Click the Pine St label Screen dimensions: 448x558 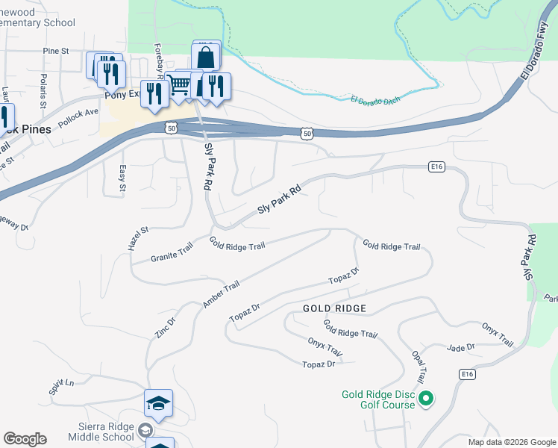coord(56,51)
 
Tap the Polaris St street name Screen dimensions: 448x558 coord(44,87)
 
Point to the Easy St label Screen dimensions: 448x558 coord(122,178)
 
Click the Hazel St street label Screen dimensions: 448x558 coord(139,238)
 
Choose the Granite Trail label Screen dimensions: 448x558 coord(172,252)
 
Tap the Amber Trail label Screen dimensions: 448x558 coord(221,294)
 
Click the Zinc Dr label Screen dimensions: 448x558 coord(166,328)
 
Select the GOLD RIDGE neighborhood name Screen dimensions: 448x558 coord(334,308)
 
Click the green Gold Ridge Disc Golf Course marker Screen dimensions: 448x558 coord(426,400)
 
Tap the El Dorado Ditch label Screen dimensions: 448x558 coord(375,99)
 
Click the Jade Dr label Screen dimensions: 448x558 coord(460,347)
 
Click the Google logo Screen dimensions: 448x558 coord(25,439)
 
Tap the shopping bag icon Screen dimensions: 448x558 coord(206,57)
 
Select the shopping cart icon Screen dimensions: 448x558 coord(179,86)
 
